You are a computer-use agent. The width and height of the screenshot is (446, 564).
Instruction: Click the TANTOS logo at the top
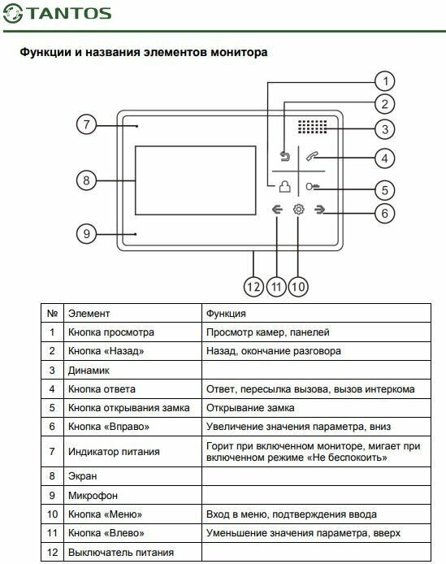[58, 14]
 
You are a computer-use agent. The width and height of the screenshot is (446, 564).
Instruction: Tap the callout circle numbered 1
[385, 81]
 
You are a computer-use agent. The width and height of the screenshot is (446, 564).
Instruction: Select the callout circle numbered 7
[86, 124]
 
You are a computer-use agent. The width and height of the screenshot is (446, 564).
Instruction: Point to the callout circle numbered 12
[253, 287]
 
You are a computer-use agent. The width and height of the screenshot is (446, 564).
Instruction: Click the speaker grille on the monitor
[312, 127]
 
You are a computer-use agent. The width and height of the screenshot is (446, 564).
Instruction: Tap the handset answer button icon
[312, 157]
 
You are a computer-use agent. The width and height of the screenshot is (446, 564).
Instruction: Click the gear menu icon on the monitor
[298, 210]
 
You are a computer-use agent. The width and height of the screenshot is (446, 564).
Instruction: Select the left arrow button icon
[277, 210]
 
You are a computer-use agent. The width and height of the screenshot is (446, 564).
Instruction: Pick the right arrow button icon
[319, 210]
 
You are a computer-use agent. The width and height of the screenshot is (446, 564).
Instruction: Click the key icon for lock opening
[312, 187]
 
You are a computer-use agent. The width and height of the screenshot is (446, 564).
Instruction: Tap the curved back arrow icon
[285, 157]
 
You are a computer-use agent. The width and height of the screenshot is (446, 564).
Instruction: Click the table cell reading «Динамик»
[89, 370]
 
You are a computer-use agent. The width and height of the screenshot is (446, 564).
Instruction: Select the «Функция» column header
[226, 314]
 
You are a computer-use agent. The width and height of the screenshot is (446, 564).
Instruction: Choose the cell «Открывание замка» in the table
[250, 408]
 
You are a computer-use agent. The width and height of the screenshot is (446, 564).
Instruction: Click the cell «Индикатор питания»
[114, 451]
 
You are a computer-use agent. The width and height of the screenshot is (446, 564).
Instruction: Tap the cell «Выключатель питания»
[121, 552]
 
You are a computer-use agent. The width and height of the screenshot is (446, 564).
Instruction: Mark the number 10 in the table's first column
[52, 514]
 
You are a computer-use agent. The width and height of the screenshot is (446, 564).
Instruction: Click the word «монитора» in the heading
[239, 53]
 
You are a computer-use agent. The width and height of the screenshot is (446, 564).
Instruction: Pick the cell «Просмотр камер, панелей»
[267, 332]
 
